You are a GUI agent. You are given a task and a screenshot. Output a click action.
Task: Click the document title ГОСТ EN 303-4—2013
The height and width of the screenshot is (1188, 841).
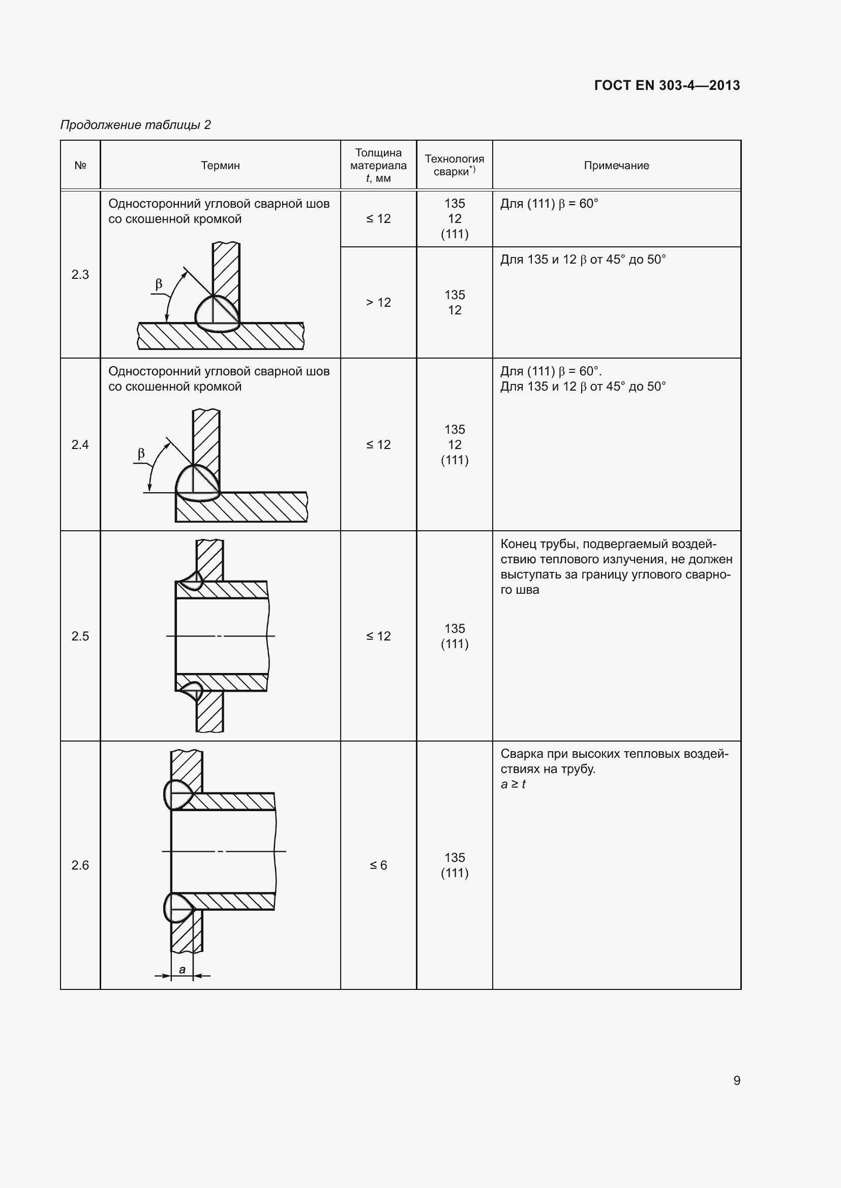[x=667, y=85]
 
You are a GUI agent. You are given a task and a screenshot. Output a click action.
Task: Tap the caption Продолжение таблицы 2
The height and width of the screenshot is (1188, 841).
[x=136, y=125]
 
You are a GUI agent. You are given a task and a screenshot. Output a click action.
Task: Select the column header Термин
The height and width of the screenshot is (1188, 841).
[x=220, y=166]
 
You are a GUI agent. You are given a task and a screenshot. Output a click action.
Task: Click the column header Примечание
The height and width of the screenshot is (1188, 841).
[x=616, y=166]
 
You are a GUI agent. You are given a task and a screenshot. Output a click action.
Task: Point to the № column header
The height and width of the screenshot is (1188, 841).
[x=80, y=166]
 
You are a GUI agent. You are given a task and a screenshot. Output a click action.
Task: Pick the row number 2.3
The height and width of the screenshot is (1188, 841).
[x=80, y=274]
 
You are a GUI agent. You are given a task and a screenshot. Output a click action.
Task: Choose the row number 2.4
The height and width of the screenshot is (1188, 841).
[x=80, y=444]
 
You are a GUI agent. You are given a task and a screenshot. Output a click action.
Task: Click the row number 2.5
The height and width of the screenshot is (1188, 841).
[x=80, y=636]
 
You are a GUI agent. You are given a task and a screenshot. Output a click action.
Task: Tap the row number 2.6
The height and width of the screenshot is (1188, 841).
[x=80, y=865]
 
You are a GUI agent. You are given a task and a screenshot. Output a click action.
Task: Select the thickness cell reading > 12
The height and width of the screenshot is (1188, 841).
[x=378, y=302]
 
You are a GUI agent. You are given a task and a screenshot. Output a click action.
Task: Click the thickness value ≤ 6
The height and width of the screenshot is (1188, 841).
[x=378, y=865]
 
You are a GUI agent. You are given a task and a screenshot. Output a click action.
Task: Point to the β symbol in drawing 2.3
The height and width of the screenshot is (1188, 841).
[x=159, y=284]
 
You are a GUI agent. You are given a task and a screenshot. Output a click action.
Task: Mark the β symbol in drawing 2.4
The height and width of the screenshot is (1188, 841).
[x=141, y=454]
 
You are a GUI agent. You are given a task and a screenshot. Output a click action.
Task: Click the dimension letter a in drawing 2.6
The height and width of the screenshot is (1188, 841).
[x=183, y=969]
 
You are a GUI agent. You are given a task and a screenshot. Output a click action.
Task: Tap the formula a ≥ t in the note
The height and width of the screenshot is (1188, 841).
[x=513, y=784]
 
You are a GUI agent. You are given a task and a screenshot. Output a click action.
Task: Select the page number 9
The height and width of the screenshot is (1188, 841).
[x=736, y=1080]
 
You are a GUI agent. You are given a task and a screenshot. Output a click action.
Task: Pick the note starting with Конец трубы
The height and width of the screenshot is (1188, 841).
[x=616, y=567]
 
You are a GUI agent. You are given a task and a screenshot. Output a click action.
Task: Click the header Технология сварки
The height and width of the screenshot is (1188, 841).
[x=454, y=166]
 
